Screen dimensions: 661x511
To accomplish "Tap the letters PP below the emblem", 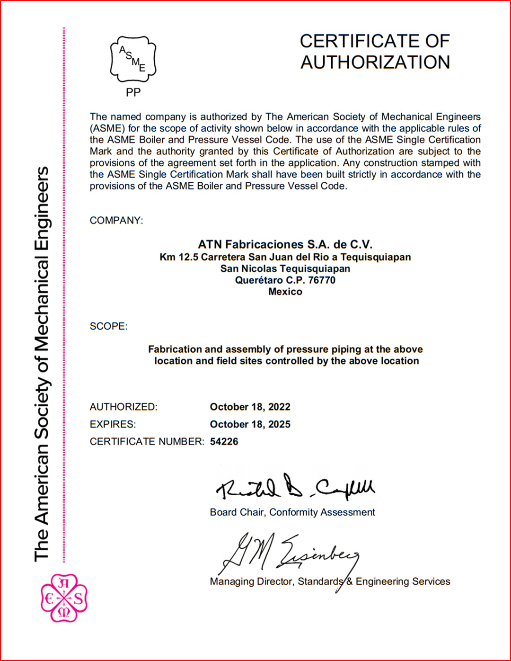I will pyautogui.click(x=133, y=93).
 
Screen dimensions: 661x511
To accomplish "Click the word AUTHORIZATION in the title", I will pyautogui.click(x=375, y=63).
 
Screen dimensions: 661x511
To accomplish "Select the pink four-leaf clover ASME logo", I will pyautogui.click(x=64, y=598).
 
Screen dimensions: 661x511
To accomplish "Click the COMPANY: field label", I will pyautogui.click(x=116, y=221).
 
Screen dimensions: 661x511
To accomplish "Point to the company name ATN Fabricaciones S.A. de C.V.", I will pyautogui.click(x=285, y=244).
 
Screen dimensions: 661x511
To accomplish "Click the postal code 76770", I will pyautogui.click(x=322, y=280).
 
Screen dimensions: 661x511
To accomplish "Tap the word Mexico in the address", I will pyautogui.click(x=285, y=292).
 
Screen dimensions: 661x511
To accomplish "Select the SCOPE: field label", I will pyautogui.click(x=108, y=326).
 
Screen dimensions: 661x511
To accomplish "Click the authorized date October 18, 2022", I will pyautogui.click(x=250, y=407).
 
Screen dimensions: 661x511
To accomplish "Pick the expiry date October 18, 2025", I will pyautogui.click(x=250, y=424).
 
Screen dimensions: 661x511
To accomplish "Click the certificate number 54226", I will pyautogui.click(x=224, y=442).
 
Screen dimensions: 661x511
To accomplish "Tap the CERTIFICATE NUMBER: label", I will pyautogui.click(x=147, y=442).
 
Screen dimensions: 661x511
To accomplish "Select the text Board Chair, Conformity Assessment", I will pyautogui.click(x=292, y=512).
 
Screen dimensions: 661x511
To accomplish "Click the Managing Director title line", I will pyautogui.click(x=330, y=582).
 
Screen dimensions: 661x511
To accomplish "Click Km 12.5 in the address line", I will pyautogui.click(x=179, y=257).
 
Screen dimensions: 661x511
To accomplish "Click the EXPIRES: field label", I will pyautogui.click(x=113, y=424).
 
